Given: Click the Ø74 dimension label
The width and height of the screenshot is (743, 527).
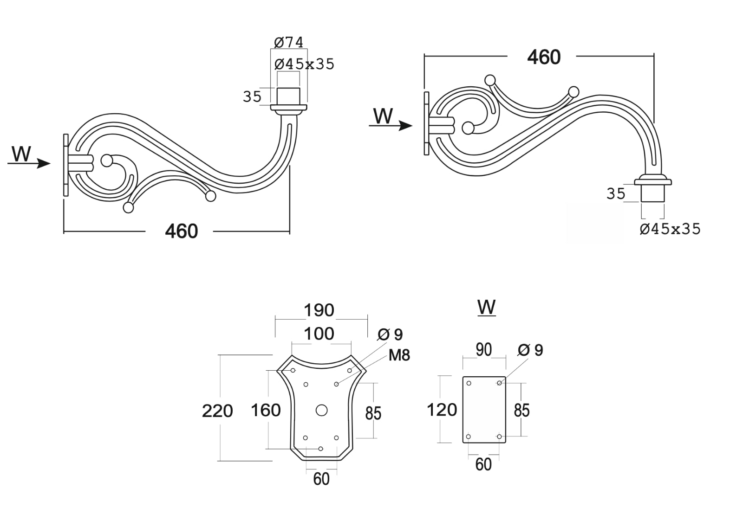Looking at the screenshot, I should click(x=288, y=43).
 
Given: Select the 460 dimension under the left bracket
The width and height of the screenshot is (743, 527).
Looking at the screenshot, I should click(x=181, y=231).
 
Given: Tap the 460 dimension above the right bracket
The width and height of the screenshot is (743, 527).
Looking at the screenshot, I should click(x=544, y=57).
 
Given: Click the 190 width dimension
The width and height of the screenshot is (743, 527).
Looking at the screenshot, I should click(x=319, y=310).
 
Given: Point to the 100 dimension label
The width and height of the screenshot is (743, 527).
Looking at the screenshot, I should click(x=319, y=334).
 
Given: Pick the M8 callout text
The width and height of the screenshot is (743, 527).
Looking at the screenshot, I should click(x=399, y=355).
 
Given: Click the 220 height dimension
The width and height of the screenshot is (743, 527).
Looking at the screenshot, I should click(x=217, y=411).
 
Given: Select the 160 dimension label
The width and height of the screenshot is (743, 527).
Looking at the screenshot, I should click(x=266, y=410).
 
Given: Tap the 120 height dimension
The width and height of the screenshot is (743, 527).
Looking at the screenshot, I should click(x=442, y=410).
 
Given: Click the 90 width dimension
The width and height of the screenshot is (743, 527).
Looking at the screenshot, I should click(x=484, y=350).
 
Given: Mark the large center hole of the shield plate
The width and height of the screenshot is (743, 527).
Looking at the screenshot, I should click(x=321, y=410).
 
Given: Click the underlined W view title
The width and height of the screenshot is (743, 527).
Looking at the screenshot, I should click(x=486, y=307).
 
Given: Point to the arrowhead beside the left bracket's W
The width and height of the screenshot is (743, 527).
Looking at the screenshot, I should click(x=44, y=163).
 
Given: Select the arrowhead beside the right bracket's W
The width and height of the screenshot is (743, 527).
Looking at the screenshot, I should click(x=406, y=126).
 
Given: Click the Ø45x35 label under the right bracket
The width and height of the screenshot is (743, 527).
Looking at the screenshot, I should click(x=670, y=229).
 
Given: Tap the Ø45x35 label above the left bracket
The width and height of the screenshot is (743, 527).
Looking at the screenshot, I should click(x=304, y=64).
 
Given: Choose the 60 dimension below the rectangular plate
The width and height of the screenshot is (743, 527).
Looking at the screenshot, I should click(x=483, y=464).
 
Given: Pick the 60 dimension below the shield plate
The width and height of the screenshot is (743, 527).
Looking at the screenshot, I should click(x=321, y=479).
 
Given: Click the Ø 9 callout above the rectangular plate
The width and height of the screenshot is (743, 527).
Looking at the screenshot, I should click(x=530, y=350).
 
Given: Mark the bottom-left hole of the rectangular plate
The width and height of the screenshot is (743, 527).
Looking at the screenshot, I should click(x=469, y=437).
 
